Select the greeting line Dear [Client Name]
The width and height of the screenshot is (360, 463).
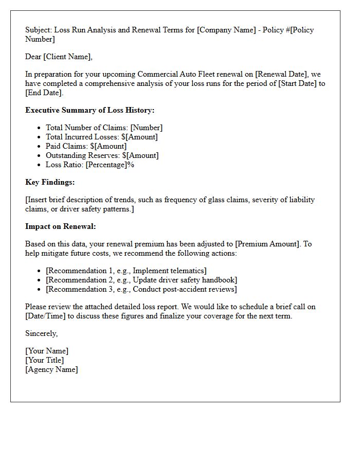59,57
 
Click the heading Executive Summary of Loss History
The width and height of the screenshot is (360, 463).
89,110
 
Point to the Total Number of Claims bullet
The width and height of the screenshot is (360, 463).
104,128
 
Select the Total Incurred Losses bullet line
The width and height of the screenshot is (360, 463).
101,137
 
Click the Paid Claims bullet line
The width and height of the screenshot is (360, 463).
86,146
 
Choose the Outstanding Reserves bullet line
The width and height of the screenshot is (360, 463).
102,155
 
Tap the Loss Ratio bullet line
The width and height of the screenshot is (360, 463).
90,165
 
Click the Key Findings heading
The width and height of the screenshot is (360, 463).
50,182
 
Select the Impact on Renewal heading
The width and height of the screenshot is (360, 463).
60,226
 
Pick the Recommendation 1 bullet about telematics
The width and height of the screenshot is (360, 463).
126,271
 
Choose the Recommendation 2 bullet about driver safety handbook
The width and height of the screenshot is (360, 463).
141,280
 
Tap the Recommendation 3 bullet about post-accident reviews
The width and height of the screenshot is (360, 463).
141,289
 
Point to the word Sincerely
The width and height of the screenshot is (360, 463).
41,333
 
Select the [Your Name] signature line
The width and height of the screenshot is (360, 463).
46,351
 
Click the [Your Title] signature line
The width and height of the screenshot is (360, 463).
44,360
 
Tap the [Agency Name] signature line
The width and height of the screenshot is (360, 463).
51,369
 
